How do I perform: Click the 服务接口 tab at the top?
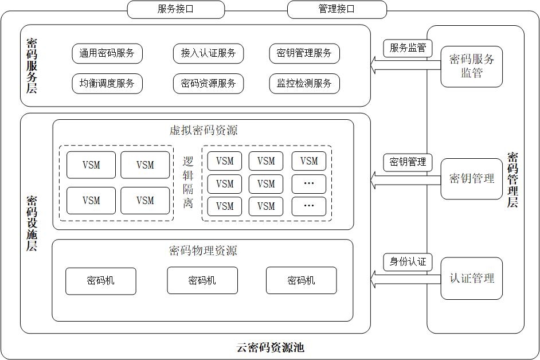click(x=175, y=9)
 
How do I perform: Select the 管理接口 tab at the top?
click(x=336, y=9)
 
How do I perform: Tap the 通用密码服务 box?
click(x=107, y=53)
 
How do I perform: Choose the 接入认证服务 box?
click(x=208, y=53)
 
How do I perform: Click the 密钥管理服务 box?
click(x=304, y=53)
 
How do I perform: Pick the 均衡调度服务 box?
click(x=107, y=83)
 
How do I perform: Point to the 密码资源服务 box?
click(x=208, y=83)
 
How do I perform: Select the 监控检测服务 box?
click(x=304, y=83)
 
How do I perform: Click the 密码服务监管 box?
click(x=471, y=66)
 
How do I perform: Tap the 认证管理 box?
click(x=471, y=279)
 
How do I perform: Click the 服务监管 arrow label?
click(x=408, y=48)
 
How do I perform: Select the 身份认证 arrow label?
click(x=408, y=262)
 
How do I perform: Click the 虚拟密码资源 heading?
click(x=203, y=130)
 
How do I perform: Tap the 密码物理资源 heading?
click(x=203, y=251)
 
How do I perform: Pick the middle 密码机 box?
click(x=202, y=280)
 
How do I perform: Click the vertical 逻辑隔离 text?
click(x=188, y=182)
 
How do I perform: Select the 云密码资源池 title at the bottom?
click(x=270, y=347)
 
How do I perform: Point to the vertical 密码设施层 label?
click(x=32, y=224)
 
